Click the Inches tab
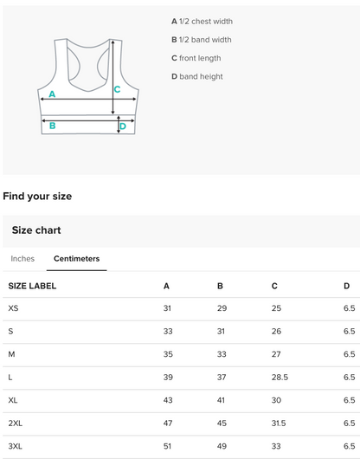(22, 259)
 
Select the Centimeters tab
(77, 259)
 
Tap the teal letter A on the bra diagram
(52, 94)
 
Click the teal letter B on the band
(52, 126)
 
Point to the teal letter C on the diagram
(118, 89)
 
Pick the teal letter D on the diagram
(123, 126)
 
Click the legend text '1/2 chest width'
(206, 22)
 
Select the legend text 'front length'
(200, 58)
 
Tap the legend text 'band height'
(202, 77)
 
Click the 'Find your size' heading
(37, 196)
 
